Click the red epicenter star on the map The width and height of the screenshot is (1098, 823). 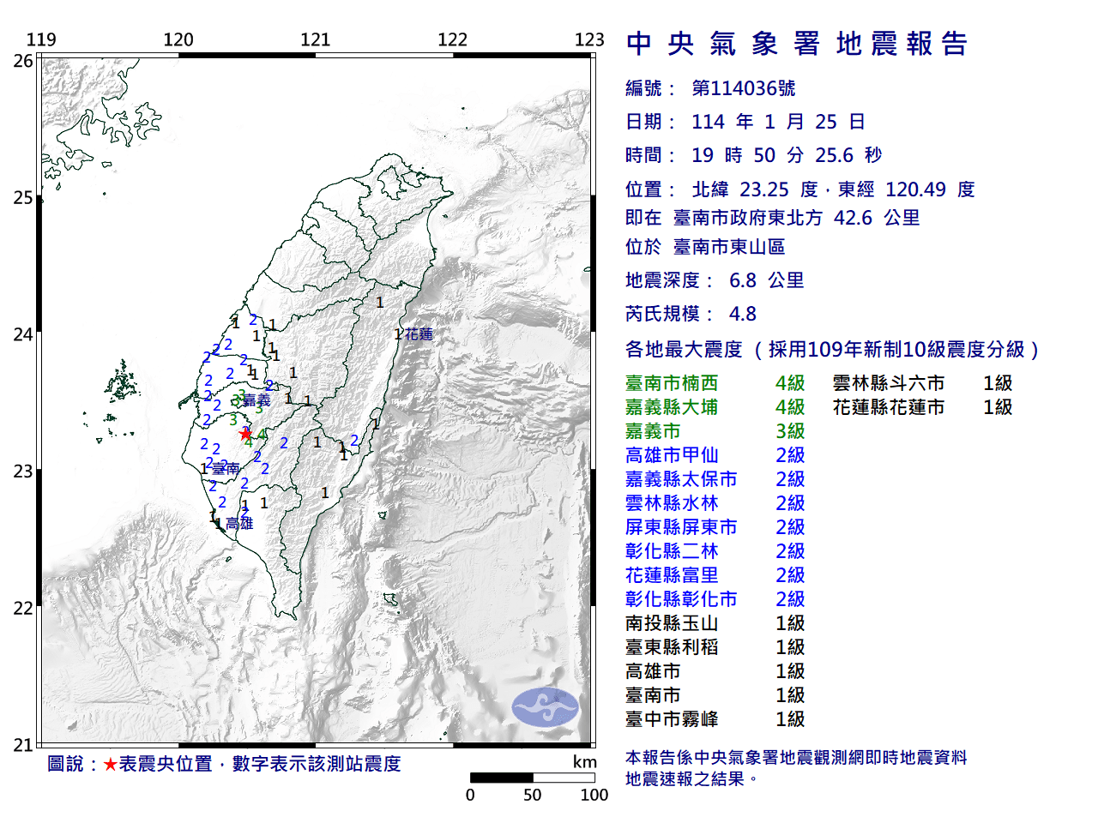tap(246, 434)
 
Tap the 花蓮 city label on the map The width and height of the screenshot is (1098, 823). tap(419, 334)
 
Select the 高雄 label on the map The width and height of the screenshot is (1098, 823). tap(240, 523)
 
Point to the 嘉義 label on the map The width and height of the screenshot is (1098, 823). tap(256, 400)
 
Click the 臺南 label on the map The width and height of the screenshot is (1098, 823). tap(226, 469)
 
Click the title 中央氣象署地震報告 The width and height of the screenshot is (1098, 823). tap(797, 44)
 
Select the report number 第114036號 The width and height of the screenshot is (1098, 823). tap(743, 88)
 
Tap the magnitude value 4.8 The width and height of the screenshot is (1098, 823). tap(742, 314)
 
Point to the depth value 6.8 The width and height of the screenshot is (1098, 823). tap(742, 280)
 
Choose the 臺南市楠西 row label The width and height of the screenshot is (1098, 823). tap(671, 383)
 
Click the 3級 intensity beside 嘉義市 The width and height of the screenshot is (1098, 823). tap(790, 431)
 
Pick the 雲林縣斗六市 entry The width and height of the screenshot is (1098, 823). tap(888, 383)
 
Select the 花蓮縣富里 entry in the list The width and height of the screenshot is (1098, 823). tap(671, 575)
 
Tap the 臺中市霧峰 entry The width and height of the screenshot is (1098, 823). tap(671, 719)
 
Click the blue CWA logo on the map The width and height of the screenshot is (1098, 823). tap(546, 707)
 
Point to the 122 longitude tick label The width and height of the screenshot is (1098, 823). tap(452, 39)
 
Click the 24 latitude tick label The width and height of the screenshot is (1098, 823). tap(23, 334)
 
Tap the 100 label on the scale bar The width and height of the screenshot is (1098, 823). tap(594, 795)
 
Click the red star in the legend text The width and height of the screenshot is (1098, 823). tap(110, 764)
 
